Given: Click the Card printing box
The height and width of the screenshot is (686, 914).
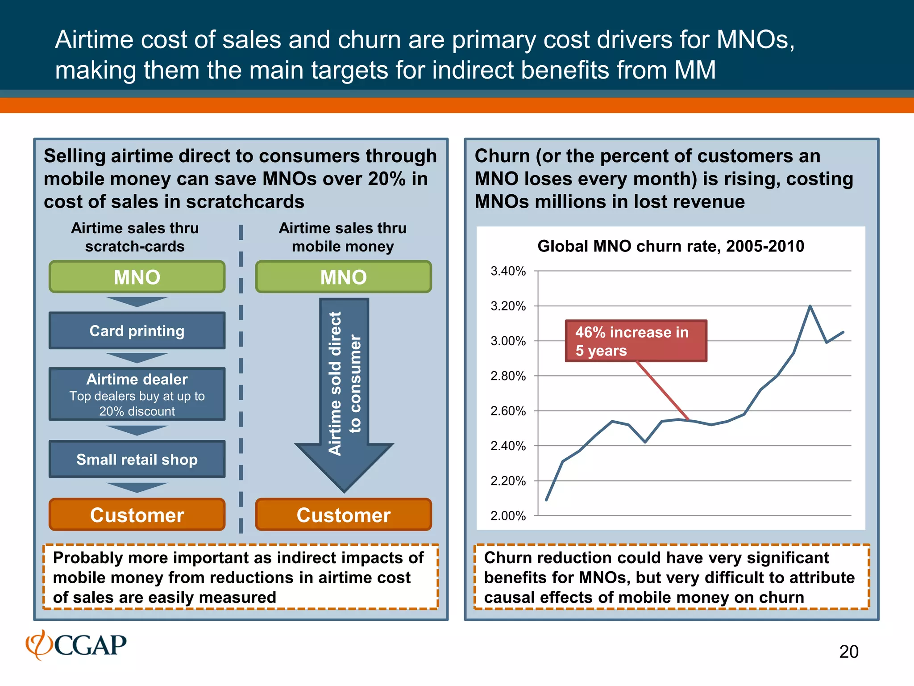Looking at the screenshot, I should [137, 331].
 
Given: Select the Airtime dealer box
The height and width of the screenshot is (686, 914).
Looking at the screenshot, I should [137, 394].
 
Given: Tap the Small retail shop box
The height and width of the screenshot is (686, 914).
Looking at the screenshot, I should [137, 460].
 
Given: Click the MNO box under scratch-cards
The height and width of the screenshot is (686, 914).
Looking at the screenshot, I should [137, 277].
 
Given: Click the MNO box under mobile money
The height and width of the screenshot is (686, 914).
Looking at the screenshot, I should [343, 277].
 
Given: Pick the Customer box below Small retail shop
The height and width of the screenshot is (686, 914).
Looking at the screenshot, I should [137, 515].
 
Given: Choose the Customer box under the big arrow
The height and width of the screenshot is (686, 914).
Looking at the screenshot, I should [343, 515].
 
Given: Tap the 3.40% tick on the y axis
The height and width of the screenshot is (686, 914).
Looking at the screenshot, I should [508, 271].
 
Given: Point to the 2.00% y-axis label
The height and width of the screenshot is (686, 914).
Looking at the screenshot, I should [508, 516].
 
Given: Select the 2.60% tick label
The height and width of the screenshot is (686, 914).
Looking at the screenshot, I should [508, 411].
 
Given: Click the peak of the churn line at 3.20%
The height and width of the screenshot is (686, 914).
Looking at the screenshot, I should [810, 306].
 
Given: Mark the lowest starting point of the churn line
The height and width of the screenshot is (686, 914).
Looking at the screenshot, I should [547, 500].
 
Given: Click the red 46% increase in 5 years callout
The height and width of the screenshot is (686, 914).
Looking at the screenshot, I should [636, 341].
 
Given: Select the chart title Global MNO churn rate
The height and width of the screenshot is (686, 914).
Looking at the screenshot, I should [670, 246].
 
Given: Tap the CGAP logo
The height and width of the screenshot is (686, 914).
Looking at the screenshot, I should [76, 645].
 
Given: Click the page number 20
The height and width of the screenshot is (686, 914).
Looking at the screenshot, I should [848, 652].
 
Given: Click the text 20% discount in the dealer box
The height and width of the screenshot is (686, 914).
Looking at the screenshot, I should [137, 411].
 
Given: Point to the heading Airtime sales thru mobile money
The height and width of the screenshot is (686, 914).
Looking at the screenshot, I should [343, 237].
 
